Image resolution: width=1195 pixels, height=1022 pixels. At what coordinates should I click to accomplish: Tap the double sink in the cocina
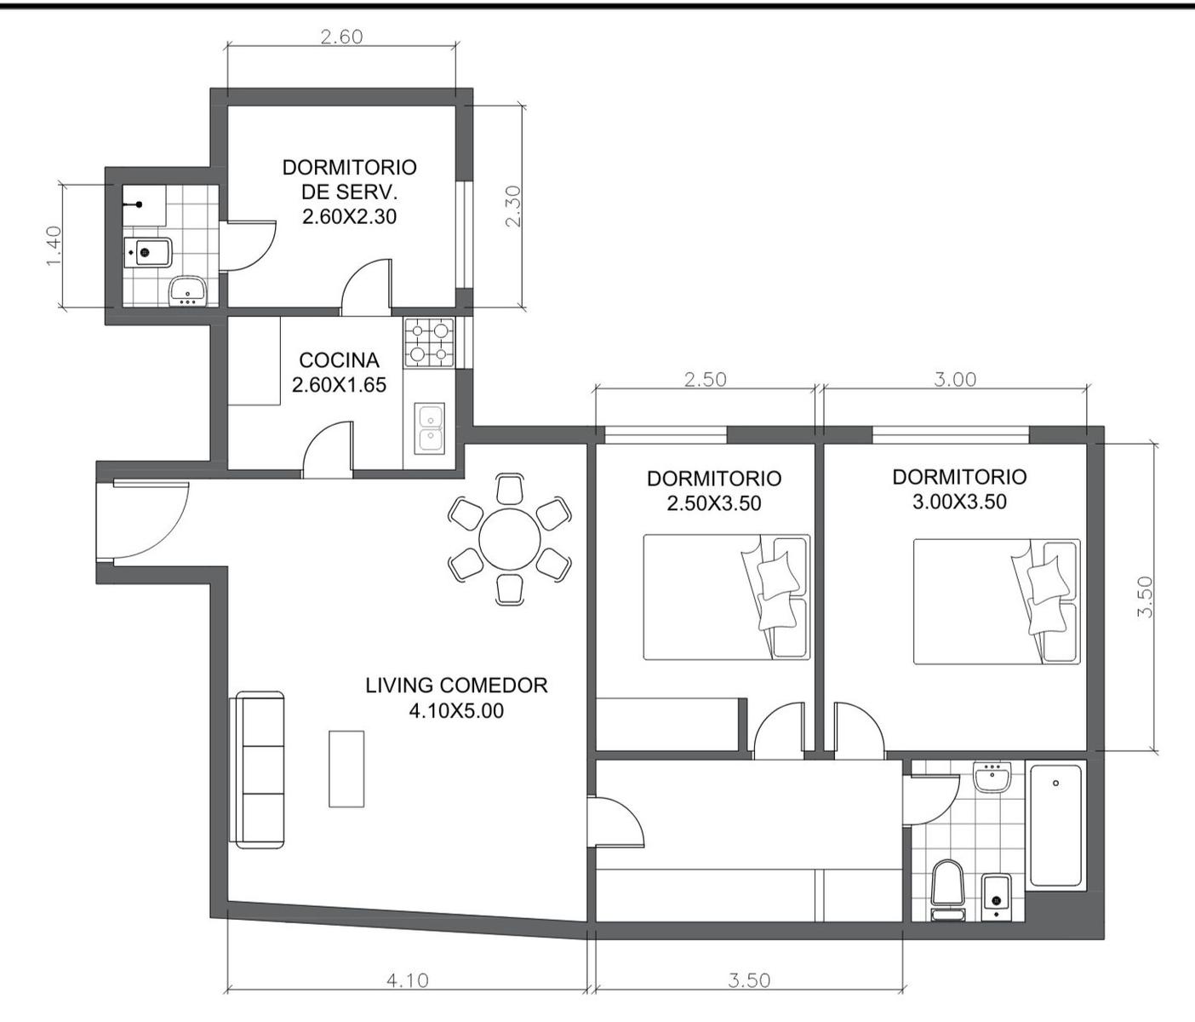click(x=430, y=428)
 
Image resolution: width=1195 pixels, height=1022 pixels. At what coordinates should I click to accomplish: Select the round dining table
click(x=509, y=539)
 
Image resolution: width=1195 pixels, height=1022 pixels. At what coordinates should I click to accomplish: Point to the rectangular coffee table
click(x=347, y=769)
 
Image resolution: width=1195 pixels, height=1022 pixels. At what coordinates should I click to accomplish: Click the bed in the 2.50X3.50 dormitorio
click(x=727, y=597)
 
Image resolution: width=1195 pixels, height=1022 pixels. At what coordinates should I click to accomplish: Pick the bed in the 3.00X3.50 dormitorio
click(x=997, y=601)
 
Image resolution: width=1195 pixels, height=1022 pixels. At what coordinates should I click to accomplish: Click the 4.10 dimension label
click(x=408, y=980)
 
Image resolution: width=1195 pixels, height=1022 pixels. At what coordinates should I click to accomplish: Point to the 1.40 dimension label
click(x=53, y=246)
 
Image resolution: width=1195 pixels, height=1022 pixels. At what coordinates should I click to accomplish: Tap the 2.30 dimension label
click(x=512, y=206)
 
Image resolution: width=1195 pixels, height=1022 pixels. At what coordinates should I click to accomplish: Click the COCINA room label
click(x=340, y=359)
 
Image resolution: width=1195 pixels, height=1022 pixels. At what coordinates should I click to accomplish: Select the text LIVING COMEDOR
click(x=456, y=686)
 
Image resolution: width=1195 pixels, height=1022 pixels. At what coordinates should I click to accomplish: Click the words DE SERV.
click(x=349, y=192)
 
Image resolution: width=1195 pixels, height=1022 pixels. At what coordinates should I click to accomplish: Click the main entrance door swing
click(x=151, y=520)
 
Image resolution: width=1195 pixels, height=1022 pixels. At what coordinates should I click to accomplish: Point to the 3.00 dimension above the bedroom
click(x=955, y=380)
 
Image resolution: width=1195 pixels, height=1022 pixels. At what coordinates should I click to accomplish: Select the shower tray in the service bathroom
click(x=145, y=205)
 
